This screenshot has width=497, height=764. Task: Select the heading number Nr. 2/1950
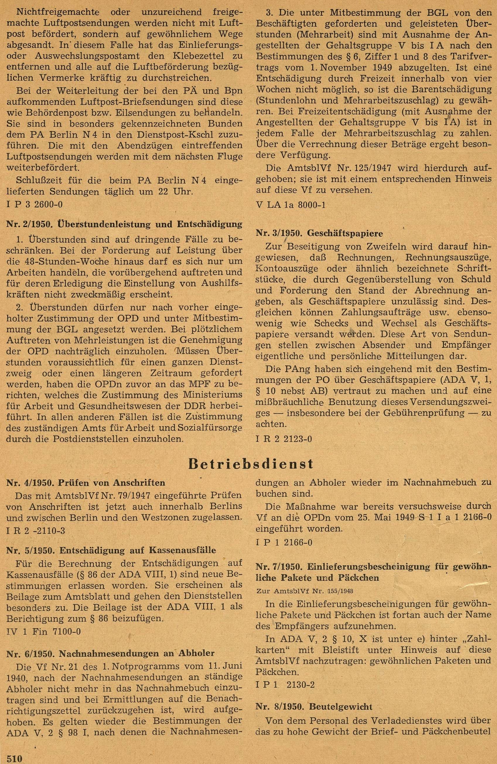(27, 224)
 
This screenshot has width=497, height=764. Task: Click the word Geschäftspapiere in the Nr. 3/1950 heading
(345, 233)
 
